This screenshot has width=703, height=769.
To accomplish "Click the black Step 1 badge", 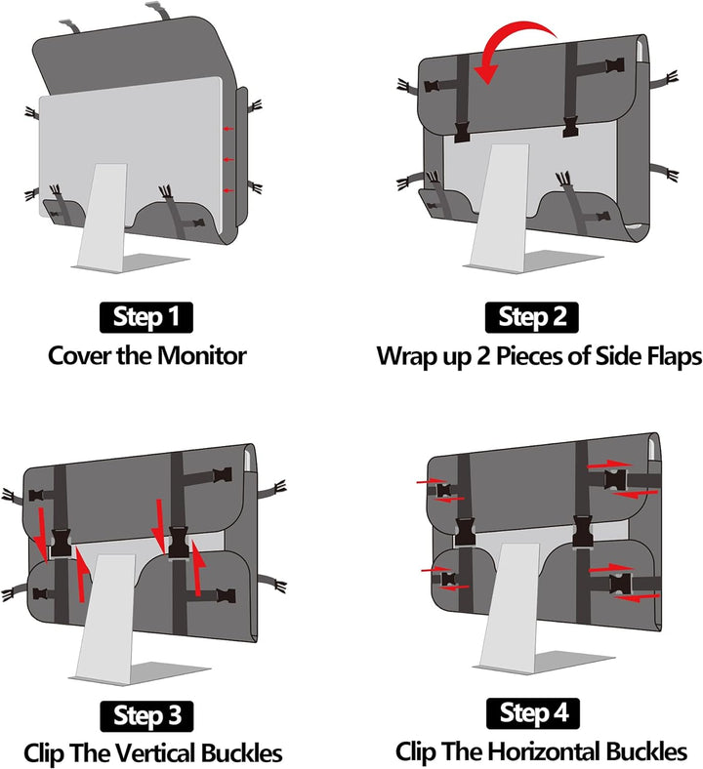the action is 146,317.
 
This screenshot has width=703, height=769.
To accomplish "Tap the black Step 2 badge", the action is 532,317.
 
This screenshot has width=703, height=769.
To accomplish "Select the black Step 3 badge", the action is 146,716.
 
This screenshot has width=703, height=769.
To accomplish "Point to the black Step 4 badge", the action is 533,713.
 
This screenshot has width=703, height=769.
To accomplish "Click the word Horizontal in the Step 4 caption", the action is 545,750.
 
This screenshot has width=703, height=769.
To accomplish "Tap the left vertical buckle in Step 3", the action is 62,543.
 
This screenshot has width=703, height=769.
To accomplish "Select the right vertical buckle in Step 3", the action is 179,542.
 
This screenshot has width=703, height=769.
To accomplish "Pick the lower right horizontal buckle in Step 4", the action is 621,584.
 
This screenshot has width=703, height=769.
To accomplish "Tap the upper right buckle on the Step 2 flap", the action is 615,65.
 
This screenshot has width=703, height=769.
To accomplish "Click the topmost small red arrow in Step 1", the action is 228,129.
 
